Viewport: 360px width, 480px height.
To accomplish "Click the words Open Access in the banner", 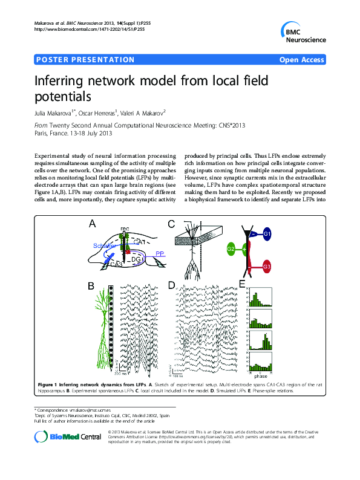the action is (x=302, y=59).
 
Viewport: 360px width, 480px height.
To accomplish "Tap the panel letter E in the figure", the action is (x=243, y=284).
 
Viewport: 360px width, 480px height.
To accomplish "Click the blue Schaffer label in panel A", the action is (x=105, y=245).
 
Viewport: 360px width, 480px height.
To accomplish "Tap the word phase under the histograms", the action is (x=261, y=375).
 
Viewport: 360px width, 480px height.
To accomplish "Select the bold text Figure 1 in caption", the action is (x=47, y=384).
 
